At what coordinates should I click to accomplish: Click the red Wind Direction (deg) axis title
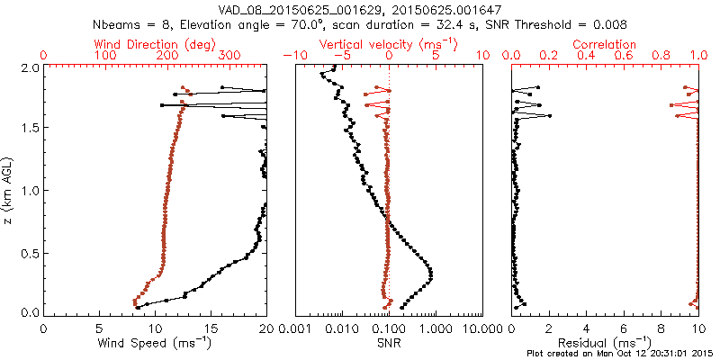point(145,44)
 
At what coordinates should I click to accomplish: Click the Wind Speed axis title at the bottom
point(155,344)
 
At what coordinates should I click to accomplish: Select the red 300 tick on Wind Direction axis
point(229,56)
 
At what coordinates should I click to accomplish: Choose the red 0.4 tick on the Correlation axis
point(586,56)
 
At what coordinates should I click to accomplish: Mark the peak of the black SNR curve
point(432,273)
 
